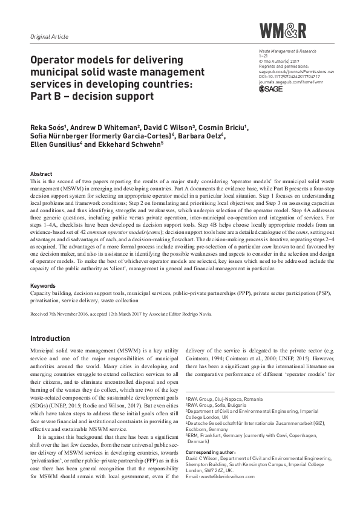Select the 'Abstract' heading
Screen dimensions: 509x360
[x=41, y=172]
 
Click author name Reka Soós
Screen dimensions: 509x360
[x=47, y=128]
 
